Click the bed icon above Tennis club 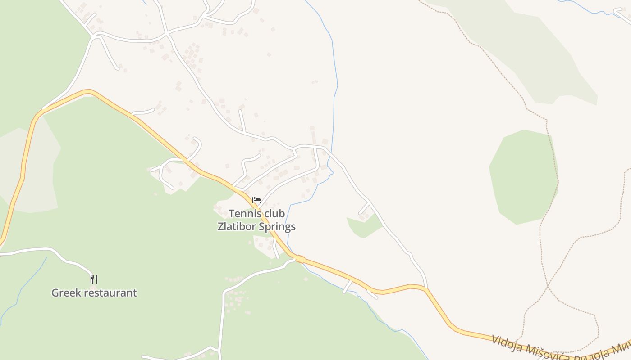(x=256, y=200)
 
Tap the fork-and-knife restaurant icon (x=94, y=279)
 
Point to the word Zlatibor (x=237, y=226)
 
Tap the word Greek (x=65, y=292)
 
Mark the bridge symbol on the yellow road (x=300, y=259)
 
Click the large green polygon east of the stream (x=523, y=175)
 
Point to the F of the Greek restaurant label (x=94, y=279)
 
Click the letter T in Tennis (x=232, y=213)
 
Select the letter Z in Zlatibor (x=221, y=226)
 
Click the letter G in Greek (x=55, y=292)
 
